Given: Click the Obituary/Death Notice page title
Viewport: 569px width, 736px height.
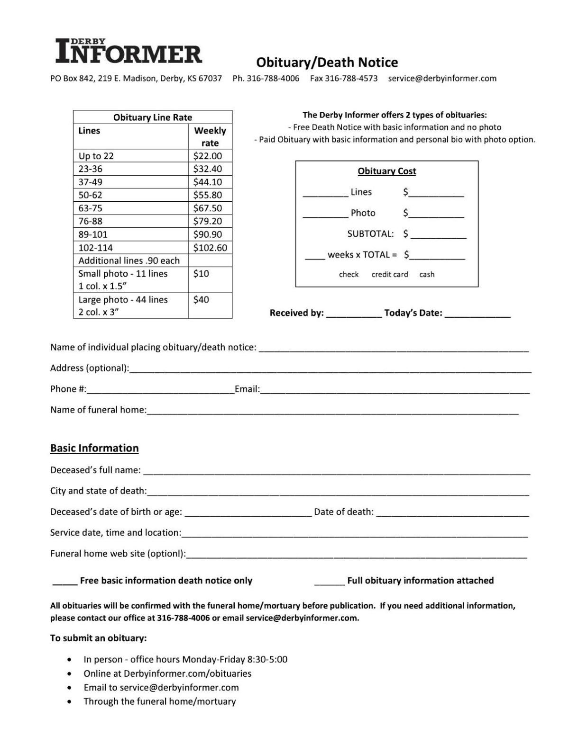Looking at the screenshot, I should [327, 62].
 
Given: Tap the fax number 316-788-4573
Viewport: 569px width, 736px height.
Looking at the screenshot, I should [351, 78].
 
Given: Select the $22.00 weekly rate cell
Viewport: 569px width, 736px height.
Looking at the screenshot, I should [207, 156].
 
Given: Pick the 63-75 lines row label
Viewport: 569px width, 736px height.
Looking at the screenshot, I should [90, 208].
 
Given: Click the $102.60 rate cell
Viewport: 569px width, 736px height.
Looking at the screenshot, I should [210, 247].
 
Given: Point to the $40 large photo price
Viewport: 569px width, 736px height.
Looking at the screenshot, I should [201, 299].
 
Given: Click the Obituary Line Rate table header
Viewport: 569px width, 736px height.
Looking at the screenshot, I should [152, 117].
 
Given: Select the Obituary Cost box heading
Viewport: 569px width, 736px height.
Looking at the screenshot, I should [386, 171].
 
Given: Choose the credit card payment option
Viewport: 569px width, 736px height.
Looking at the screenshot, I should [389, 274].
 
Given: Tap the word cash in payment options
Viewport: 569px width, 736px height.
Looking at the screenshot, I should [427, 274].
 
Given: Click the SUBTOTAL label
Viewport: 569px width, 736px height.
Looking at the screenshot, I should [370, 233].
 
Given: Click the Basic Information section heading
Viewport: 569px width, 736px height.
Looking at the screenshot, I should [94, 448].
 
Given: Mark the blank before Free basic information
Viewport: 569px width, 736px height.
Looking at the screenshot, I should [65, 582].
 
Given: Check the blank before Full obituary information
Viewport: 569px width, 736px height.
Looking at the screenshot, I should [329, 582].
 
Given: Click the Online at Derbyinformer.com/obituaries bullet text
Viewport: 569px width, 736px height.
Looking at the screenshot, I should [167, 673].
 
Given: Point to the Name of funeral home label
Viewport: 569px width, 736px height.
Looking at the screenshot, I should [98, 410].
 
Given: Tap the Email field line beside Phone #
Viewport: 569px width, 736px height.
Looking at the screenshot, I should [395, 390].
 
